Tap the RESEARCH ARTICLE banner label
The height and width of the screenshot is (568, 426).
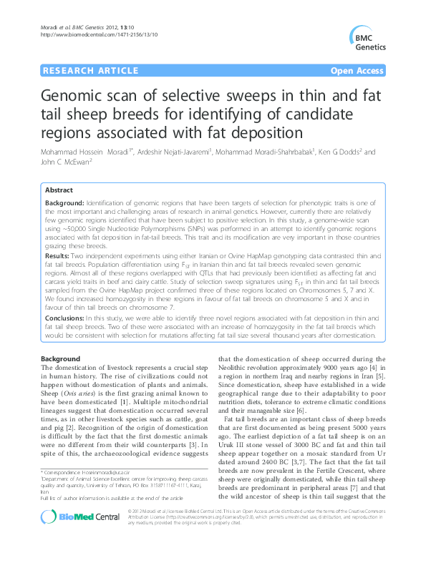91,71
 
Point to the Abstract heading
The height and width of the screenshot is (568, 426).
59,190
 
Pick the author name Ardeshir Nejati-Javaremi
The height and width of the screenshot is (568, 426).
189,152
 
